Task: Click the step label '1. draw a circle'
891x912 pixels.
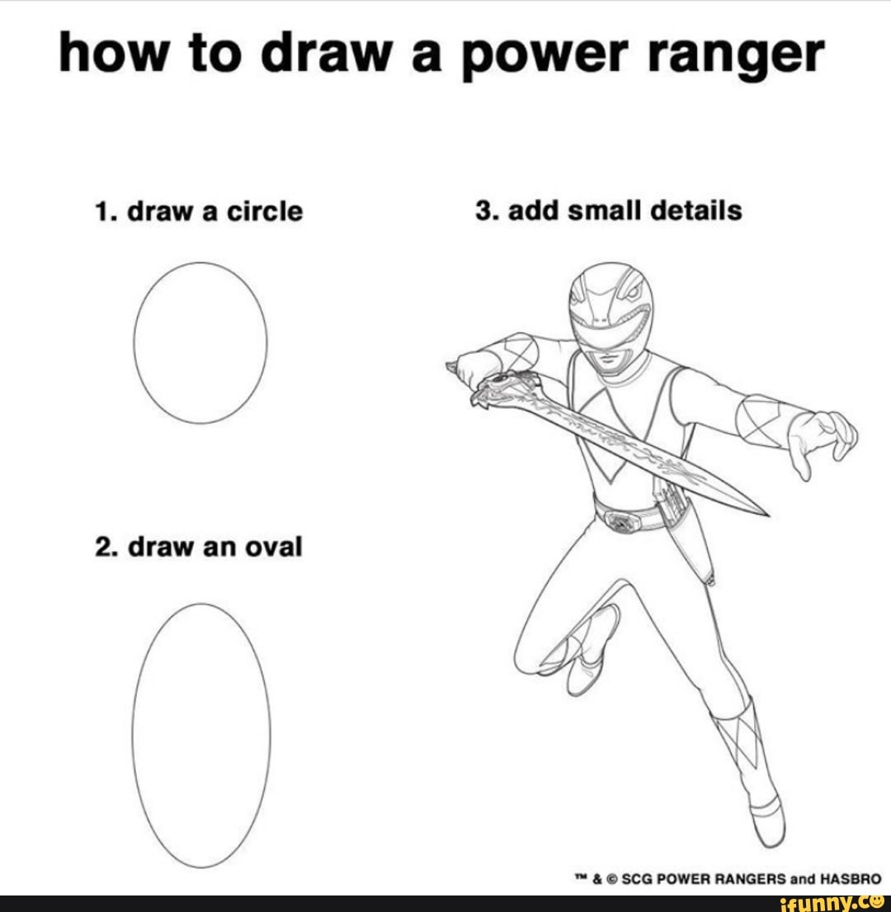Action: (x=198, y=212)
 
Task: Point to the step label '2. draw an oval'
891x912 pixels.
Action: (x=198, y=546)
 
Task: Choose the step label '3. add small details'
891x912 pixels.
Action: (x=608, y=210)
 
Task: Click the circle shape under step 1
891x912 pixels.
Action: (x=200, y=342)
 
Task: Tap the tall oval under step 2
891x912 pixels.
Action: (x=201, y=735)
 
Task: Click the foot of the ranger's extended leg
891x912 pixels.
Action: (x=767, y=821)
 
